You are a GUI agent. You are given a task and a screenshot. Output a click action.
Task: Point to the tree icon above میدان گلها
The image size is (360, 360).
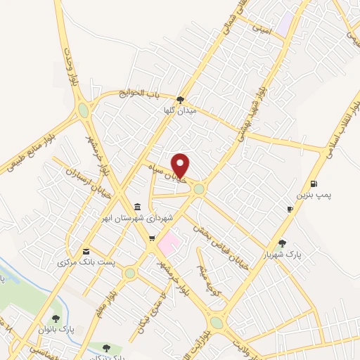click(x=181, y=100)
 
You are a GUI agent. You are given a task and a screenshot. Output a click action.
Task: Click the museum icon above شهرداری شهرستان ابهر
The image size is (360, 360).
click(x=136, y=207)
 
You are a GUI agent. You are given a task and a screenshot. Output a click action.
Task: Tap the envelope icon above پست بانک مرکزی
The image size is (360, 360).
click(x=86, y=251)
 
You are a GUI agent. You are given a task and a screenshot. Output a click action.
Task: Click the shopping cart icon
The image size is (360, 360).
click(x=151, y=238)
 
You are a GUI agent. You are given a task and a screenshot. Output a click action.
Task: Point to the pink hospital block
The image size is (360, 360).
click(x=168, y=245)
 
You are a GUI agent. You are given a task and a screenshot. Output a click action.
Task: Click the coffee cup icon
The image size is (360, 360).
click(x=290, y=209)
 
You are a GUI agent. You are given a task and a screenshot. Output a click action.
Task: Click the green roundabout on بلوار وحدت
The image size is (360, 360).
click(x=84, y=110)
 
